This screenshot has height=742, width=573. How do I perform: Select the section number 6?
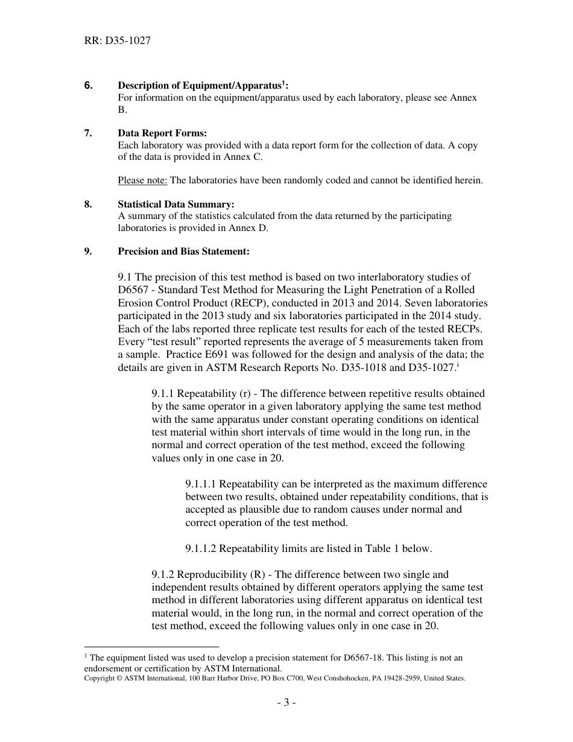pos(88,86)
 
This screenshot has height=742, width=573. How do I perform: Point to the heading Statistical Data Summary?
pos(176,205)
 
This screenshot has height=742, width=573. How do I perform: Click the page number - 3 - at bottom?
pos(286,703)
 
